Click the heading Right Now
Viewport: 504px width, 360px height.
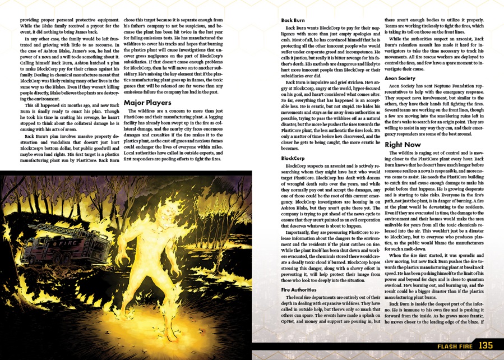404,145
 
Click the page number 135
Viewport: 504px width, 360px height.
485,345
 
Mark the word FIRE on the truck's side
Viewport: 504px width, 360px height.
67,243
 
